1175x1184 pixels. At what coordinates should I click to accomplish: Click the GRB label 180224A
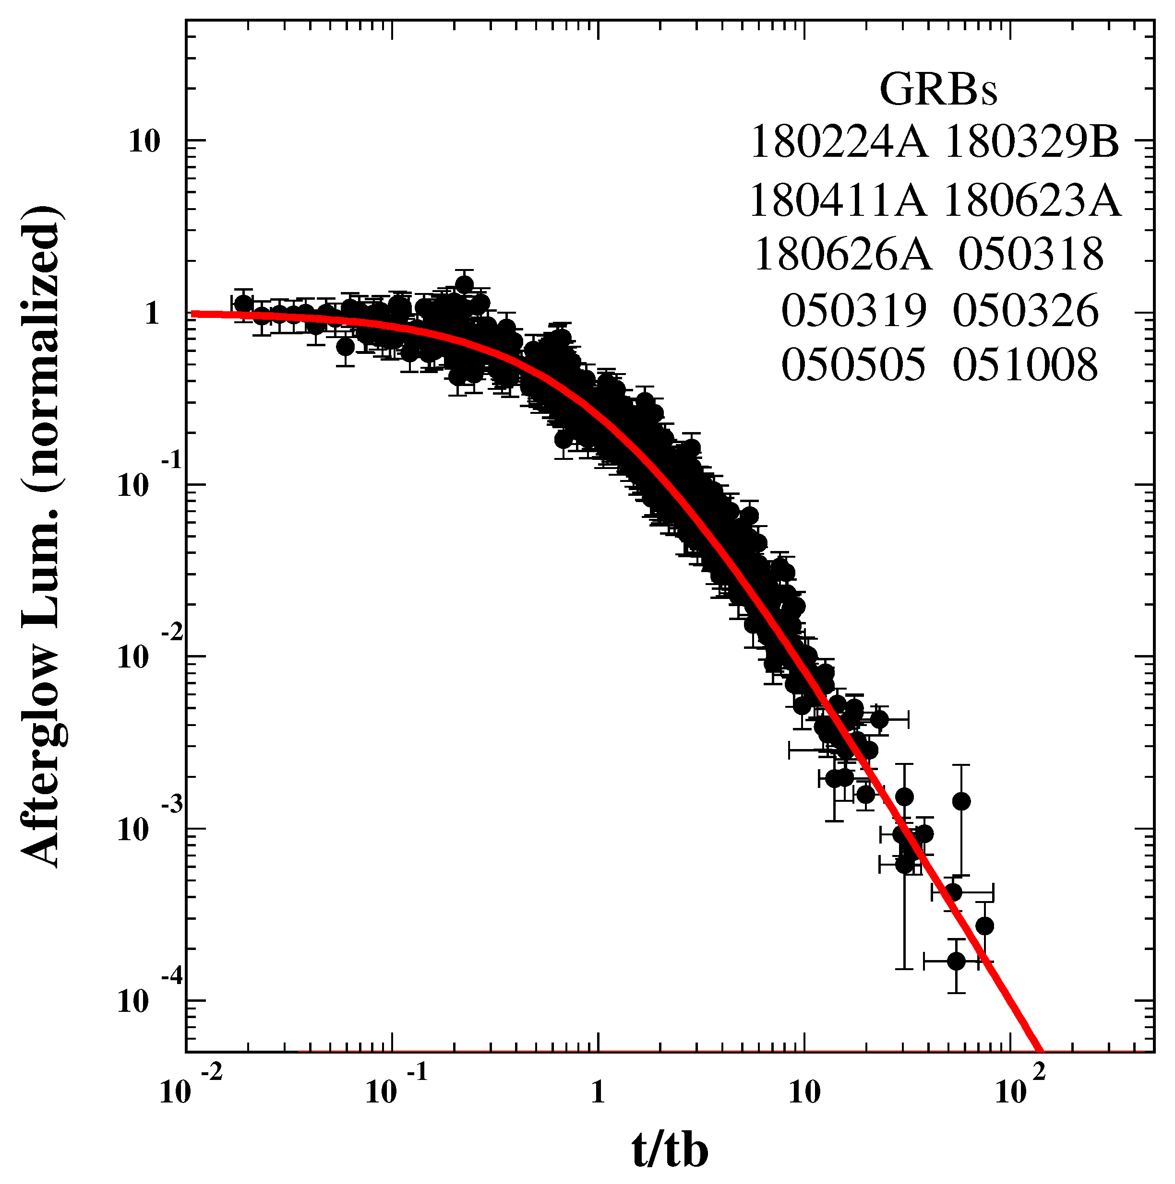coord(839,142)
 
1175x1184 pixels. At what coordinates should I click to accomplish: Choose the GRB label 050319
coord(853,310)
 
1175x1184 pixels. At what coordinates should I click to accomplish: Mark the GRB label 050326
coord(1025,310)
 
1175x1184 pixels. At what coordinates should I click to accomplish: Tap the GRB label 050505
coord(853,365)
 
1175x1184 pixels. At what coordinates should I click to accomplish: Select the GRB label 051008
coord(1025,365)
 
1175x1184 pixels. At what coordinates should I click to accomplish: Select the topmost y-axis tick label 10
coord(143,141)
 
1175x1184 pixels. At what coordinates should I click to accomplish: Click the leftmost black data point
coord(243,304)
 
